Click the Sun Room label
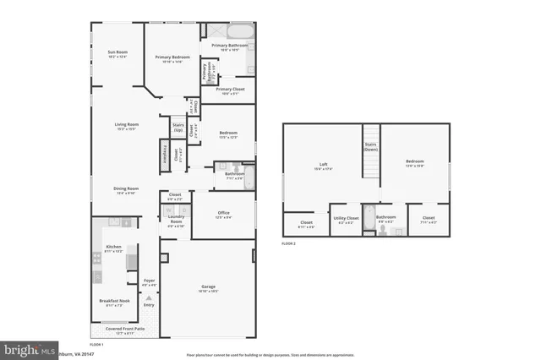(x=117, y=53)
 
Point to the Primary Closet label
(x=228, y=89)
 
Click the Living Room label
(x=127, y=125)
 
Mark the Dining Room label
(x=127, y=189)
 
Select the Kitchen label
(x=113, y=247)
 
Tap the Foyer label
(x=149, y=281)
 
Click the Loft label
(x=323, y=164)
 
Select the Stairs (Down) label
(x=370, y=146)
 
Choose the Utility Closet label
(x=346, y=218)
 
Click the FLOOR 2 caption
(x=291, y=243)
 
